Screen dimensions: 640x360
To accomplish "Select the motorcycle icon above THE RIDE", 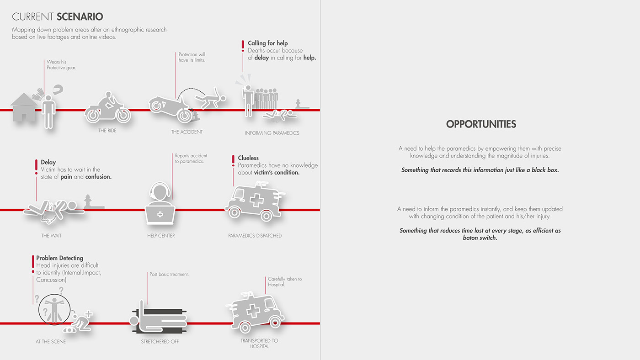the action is pyautogui.click(x=107, y=108).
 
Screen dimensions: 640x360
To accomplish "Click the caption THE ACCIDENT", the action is pyautogui.click(x=187, y=132).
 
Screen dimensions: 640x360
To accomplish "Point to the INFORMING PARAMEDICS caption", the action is pyautogui.click(x=272, y=133).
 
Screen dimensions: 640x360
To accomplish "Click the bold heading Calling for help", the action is pyautogui.click(x=268, y=43).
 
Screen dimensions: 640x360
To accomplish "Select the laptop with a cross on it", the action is pyautogui.click(x=160, y=213).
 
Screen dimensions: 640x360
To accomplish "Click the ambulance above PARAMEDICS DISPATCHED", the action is pyautogui.click(x=254, y=201).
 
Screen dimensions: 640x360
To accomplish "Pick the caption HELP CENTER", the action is pyautogui.click(x=161, y=236).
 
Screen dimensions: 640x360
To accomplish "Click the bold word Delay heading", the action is pyautogui.click(x=48, y=162).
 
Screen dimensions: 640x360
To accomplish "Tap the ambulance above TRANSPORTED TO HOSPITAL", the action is pyautogui.click(x=255, y=312).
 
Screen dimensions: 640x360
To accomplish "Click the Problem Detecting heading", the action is pyautogui.click(x=60, y=258).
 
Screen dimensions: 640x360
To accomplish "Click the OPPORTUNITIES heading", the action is pyautogui.click(x=481, y=124).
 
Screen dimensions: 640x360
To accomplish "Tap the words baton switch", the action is pyautogui.click(x=480, y=238).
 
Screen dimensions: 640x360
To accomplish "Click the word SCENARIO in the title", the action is pyautogui.click(x=80, y=17).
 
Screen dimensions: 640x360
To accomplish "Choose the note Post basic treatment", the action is pyautogui.click(x=169, y=275).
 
